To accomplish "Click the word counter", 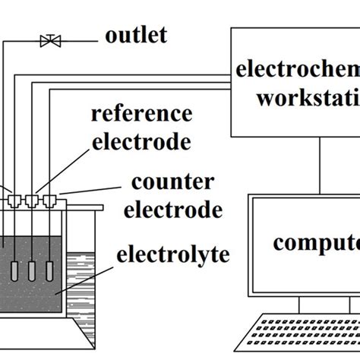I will [x=162, y=184].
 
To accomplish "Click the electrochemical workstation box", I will [x=296, y=84].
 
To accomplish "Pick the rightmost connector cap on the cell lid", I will [x=50, y=201].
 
